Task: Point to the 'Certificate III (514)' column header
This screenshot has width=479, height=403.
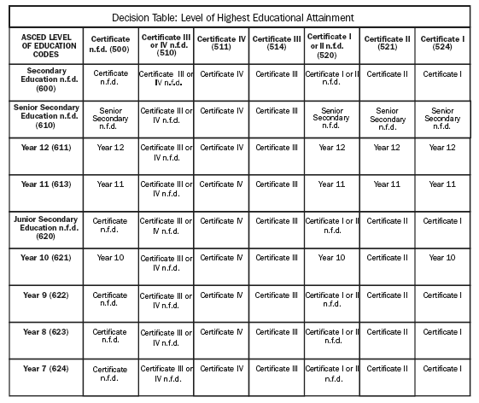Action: click(x=276, y=43)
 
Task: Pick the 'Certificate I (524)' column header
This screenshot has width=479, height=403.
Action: click(x=442, y=43)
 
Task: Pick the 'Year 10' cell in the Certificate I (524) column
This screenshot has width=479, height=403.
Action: click(x=442, y=257)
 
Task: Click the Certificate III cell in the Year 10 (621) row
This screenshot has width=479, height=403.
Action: click(x=276, y=257)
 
